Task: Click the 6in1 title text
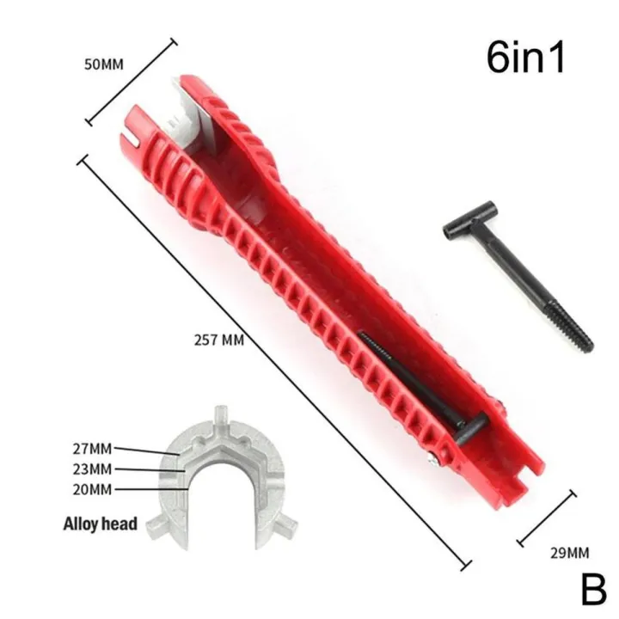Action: pos(525,58)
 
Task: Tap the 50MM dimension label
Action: pos(105,64)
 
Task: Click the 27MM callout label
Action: pos(94,448)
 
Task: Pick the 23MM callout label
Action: pos(94,469)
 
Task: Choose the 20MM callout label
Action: pos(94,489)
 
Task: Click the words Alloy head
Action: pos(100,523)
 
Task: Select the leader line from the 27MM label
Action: pos(146,450)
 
